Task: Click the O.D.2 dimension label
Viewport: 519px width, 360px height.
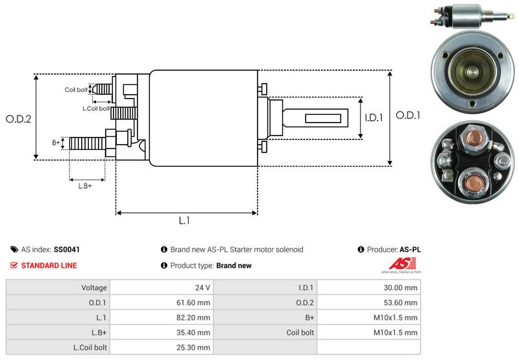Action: (x=19, y=119)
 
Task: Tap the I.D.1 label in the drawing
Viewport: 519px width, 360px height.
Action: (x=373, y=118)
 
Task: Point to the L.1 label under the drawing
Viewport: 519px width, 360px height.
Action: (x=184, y=221)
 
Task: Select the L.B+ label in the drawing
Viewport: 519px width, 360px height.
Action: (x=85, y=186)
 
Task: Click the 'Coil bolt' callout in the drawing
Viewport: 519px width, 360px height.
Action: (x=76, y=90)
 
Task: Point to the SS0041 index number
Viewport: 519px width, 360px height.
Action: (x=67, y=249)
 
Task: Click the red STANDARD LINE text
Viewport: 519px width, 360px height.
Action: (x=49, y=265)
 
